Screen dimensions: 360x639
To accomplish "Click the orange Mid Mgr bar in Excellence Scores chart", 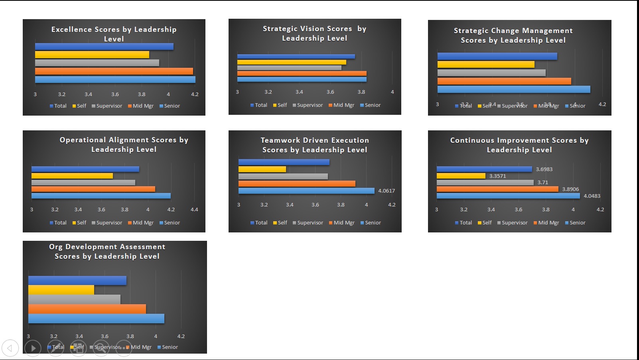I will pos(114,71).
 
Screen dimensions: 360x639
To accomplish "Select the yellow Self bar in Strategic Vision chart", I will pos(292,62).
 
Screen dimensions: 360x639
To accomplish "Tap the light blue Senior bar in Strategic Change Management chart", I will pos(513,89).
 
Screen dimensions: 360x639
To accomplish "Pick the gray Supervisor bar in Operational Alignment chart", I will pos(83,183).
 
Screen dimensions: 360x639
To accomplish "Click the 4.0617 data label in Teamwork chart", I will pos(386,191).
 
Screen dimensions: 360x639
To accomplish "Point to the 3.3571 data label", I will pos(497,176).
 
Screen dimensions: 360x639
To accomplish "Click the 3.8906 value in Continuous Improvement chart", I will pos(570,189).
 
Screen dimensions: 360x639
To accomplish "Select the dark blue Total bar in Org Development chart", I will pos(77,281).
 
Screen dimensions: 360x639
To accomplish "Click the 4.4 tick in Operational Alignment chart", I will pos(194,210).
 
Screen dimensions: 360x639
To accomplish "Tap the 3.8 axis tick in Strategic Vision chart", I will pos(361,92).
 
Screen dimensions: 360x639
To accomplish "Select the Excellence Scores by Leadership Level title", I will pos(114,34).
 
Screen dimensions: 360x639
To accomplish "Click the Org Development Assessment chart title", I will pos(107,252).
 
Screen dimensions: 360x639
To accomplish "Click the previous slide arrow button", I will pos(10,348).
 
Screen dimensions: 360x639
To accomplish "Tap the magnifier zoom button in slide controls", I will pos(101,348).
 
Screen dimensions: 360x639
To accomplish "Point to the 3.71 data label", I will pos(542,183).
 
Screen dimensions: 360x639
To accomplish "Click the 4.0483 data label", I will pos(592,196).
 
